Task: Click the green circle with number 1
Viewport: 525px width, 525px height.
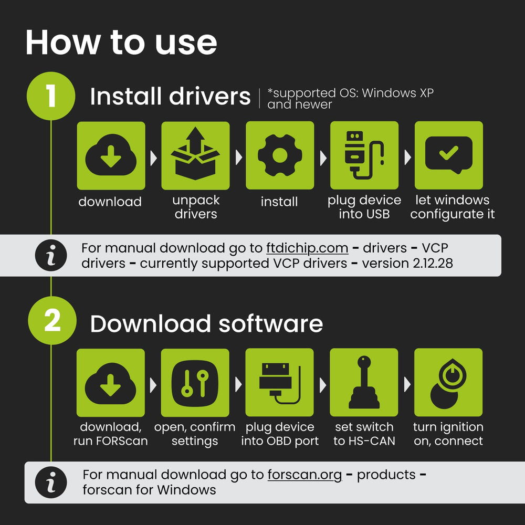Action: click(x=51, y=96)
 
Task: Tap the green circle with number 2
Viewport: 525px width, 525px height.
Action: click(x=52, y=320)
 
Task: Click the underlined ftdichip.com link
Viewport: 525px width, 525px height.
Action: click(x=307, y=248)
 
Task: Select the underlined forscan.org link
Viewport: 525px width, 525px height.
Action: click(x=304, y=475)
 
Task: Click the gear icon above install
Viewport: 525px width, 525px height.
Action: click(x=280, y=155)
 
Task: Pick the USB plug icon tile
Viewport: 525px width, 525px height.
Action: click(x=364, y=155)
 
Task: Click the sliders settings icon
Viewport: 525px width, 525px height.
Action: click(x=195, y=382)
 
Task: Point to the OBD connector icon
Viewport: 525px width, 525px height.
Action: click(x=280, y=382)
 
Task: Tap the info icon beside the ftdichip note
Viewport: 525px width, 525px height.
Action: click(x=51, y=256)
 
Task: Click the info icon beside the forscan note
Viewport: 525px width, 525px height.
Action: click(x=51, y=482)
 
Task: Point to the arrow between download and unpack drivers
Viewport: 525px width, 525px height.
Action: click(x=153, y=157)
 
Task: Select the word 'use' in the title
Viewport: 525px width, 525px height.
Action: click(x=186, y=43)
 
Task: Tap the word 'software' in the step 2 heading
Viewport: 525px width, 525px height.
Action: click(x=270, y=324)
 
